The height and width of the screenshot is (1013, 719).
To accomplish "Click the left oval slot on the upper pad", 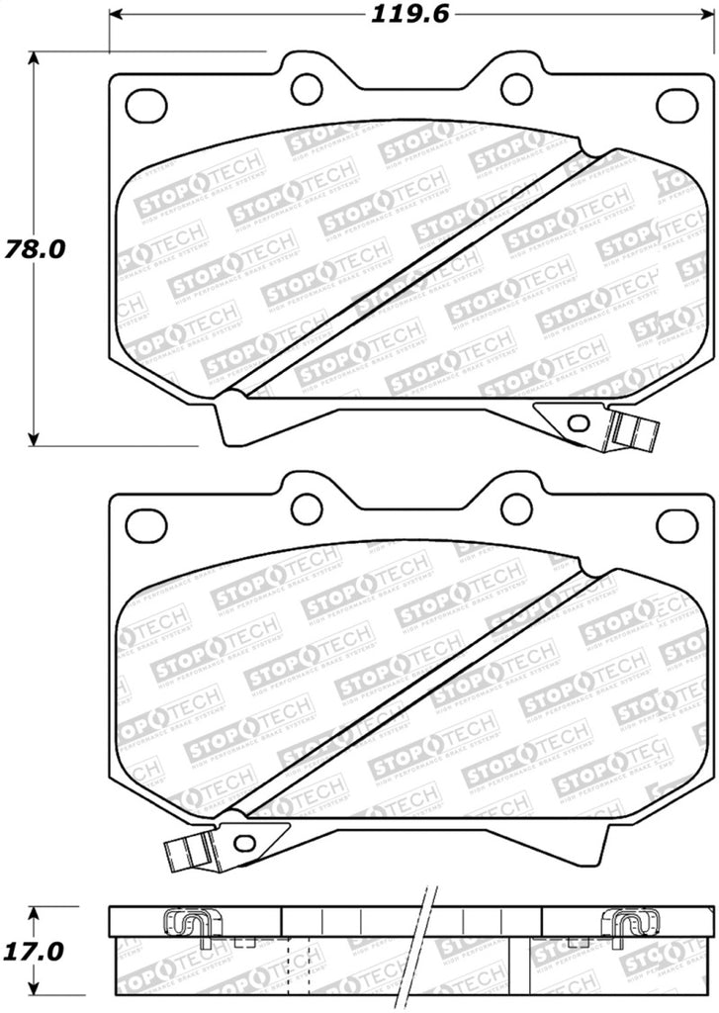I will (146, 103).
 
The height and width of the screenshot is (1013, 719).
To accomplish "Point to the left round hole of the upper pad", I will (307, 89).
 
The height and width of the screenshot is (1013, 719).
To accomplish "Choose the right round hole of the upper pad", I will (516, 89).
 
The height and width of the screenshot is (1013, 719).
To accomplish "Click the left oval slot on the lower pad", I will (146, 524).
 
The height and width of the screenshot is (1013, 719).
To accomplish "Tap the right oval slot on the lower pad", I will (676, 525).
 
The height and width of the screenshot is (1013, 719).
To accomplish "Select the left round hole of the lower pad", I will (307, 509).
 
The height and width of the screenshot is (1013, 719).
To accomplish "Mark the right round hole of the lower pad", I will (516, 509).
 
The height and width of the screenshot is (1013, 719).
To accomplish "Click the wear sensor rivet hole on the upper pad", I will (579, 423).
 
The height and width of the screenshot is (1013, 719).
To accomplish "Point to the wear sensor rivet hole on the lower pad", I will (244, 843).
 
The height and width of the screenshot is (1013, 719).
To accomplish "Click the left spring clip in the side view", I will (187, 923).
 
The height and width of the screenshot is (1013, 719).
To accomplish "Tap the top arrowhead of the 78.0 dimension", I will (35, 57).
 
